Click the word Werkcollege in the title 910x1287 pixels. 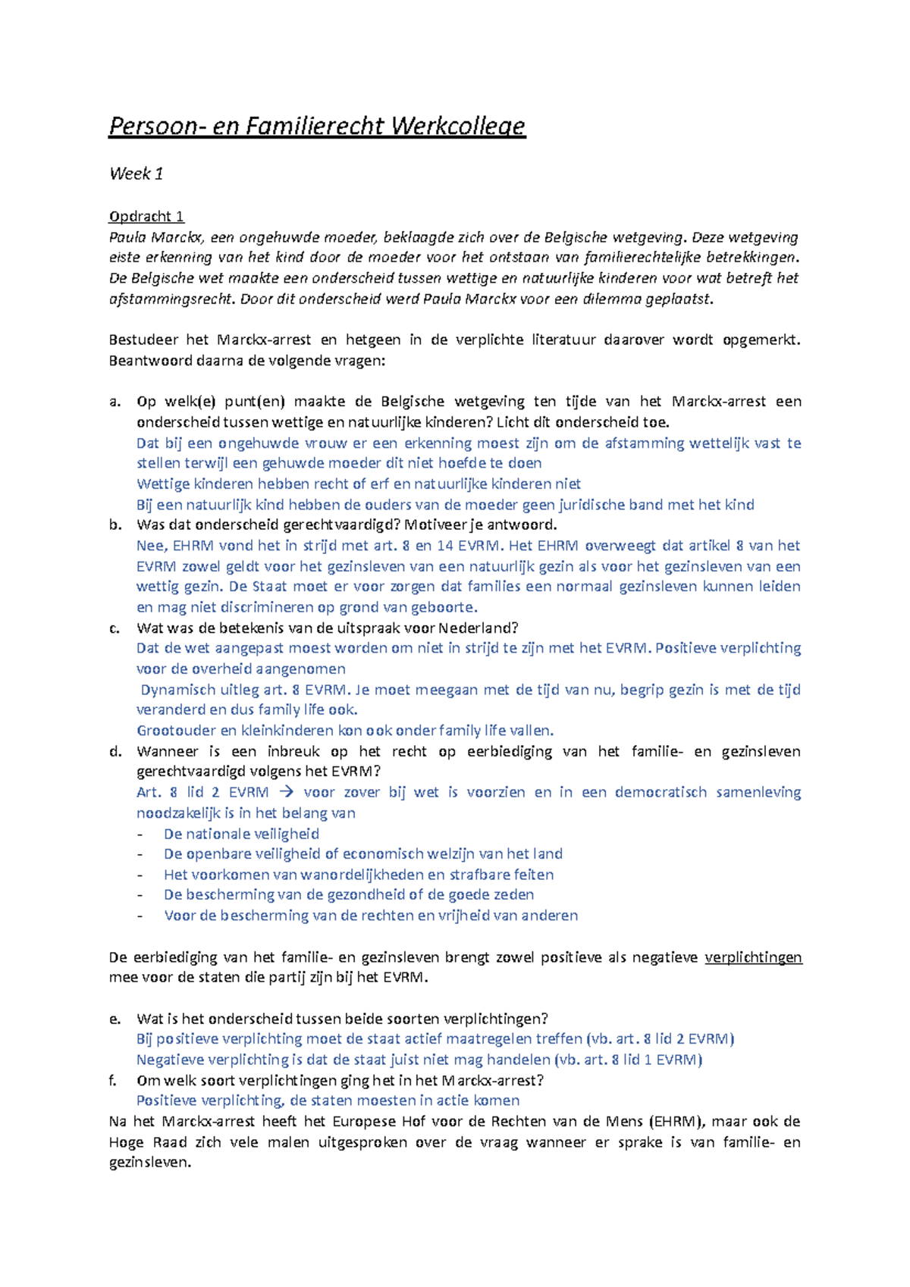point(458,126)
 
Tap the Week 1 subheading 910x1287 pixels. point(136,174)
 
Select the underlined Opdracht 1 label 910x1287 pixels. point(146,216)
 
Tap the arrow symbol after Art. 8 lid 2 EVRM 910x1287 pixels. point(285,792)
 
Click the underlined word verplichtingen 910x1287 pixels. point(753,957)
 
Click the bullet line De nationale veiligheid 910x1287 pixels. point(241,834)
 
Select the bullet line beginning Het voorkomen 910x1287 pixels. point(358,875)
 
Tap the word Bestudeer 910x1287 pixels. point(143,340)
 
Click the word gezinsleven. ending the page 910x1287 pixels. point(149,1163)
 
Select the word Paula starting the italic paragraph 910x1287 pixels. point(127,237)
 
